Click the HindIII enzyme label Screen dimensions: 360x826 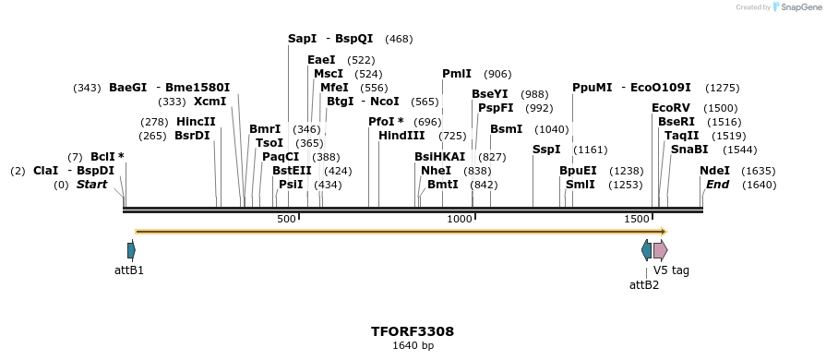click(401, 136)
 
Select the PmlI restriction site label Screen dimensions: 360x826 click(457, 74)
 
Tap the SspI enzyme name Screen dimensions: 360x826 click(546, 150)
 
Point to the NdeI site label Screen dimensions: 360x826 click(714, 171)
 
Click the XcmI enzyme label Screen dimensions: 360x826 click(209, 102)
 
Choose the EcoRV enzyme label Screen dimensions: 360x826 click(671, 108)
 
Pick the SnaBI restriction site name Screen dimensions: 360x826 click(689, 150)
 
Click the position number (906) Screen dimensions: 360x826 click(497, 74)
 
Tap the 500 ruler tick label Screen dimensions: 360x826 click(286, 219)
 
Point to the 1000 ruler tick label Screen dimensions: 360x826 click(459, 219)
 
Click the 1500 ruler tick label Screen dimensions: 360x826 click(637, 219)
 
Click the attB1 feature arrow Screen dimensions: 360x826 click(131, 250)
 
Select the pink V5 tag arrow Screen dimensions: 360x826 click(660, 250)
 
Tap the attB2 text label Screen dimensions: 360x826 click(644, 284)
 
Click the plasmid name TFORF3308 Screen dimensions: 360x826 click(413, 330)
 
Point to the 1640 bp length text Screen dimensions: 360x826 click(413, 345)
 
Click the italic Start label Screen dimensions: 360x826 click(91, 185)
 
